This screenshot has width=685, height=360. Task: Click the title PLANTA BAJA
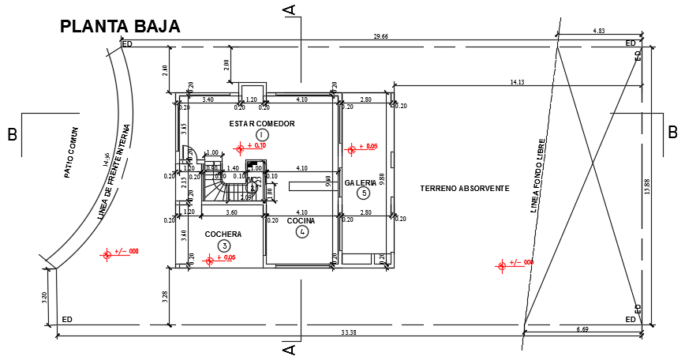[120, 26]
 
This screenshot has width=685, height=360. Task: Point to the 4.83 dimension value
[598, 31]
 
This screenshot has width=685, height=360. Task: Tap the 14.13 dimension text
[517, 81]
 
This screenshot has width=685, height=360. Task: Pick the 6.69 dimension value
[582, 328]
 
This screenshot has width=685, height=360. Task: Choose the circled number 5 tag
[363, 193]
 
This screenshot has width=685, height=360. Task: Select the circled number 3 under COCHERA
[224, 246]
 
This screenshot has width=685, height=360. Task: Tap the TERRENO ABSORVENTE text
[464, 188]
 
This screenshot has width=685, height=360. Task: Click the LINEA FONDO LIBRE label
[540, 178]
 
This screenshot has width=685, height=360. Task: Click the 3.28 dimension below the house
[164, 296]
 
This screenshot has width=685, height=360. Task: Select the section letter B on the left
[13, 134]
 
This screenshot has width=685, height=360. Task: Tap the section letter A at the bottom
[290, 348]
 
